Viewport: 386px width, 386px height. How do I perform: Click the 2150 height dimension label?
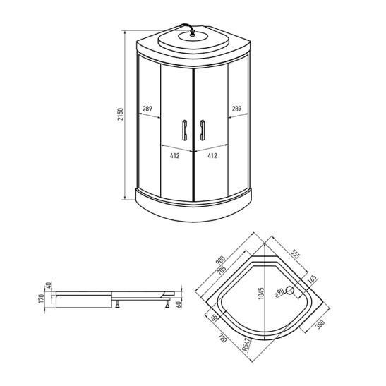click(121, 114)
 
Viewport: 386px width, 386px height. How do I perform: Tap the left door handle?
click(186, 132)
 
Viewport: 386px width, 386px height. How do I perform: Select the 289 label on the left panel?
click(147, 109)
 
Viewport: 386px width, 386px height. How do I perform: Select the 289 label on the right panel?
click(238, 109)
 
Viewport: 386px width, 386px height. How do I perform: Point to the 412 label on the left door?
click(174, 155)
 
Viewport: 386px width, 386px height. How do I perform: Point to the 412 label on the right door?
click(212, 155)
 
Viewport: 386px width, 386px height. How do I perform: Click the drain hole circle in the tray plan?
click(289, 291)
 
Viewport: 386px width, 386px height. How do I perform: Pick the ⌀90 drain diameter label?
click(279, 291)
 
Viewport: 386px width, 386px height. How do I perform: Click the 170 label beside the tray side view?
click(42, 299)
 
